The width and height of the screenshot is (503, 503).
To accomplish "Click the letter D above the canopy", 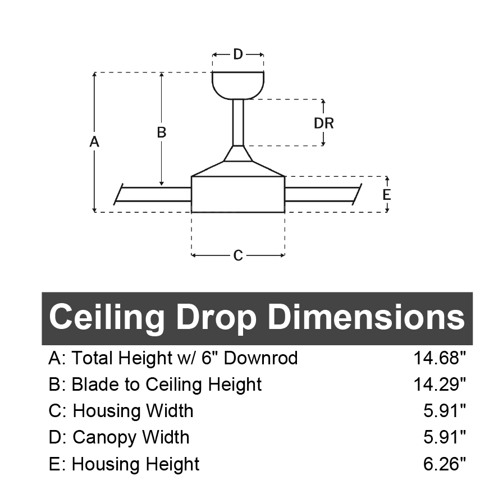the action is pyautogui.click(x=238, y=54).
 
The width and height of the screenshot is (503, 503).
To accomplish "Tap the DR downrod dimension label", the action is pyautogui.click(x=324, y=124).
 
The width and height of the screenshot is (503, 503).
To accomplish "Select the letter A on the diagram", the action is pyautogui.click(x=94, y=142).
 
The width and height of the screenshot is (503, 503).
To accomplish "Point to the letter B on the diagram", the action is pyautogui.click(x=162, y=132).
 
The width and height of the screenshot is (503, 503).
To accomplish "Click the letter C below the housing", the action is pyautogui.click(x=238, y=255).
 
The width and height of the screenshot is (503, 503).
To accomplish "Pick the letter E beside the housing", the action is pyautogui.click(x=387, y=195).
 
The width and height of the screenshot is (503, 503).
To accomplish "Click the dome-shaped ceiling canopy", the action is pyautogui.click(x=238, y=85).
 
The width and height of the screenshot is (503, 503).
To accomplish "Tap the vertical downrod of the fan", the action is pyautogui.click(x=238, y=122).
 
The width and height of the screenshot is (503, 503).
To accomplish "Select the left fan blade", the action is pyautogui.click(x=153, y=194).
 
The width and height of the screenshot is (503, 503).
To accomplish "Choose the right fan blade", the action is pyautogui.click(x=323, y=194).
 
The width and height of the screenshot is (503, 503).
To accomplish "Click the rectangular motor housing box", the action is pyautogui.click(x=238, y=194).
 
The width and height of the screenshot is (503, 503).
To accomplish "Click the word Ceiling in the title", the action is pyautogui.click(x=107, y=318).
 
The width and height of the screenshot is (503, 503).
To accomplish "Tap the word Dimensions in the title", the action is pyautogui.click(x=367, y=317).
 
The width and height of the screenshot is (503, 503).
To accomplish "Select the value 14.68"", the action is pyautogui.click(x=440, y=358).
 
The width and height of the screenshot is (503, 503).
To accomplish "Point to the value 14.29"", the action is pyautogui.click(x=440, y=385).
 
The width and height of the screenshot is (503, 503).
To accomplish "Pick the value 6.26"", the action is pyautogui.click(x=444, y=464).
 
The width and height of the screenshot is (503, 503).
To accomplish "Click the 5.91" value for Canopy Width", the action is pyautogui.click(x=444, y=437).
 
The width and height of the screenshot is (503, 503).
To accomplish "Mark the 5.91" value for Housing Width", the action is pyautogui.click(x=444, y=410).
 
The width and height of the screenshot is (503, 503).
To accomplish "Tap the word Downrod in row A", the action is pyautogui.click(x=261, y=358).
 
